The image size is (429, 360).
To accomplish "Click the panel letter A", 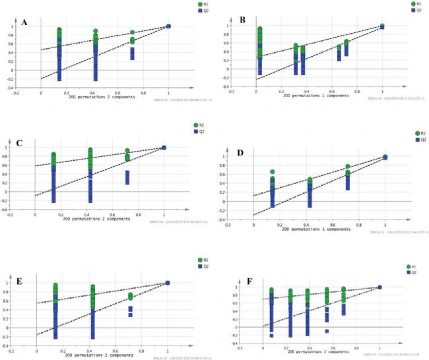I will tap(24, 22).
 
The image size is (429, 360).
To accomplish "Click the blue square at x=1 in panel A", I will tap(168, 26).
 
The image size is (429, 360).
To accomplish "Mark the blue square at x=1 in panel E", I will tap(168, 282).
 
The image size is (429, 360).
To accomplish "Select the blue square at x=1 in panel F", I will tap(379, 287).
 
